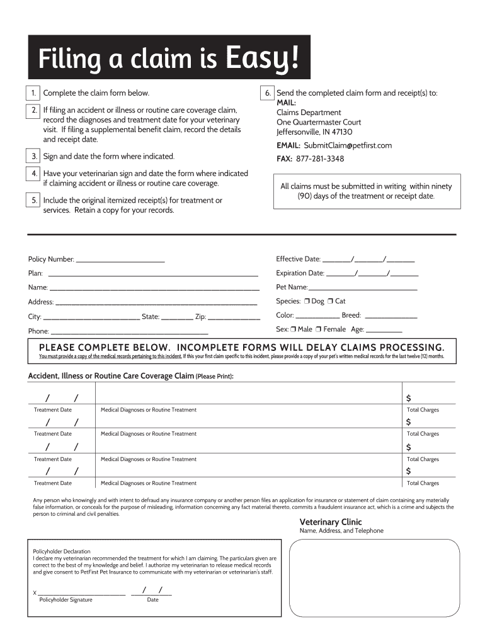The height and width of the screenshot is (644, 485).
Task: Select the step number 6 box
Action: [x=268, y=93]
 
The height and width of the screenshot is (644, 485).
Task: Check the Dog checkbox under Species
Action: [x=307, y=301]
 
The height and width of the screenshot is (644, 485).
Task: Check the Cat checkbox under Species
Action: [x=331, y=301]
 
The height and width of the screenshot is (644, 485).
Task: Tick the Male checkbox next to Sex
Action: [x=294, y=330]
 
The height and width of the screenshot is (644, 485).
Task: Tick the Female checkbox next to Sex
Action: [x=319, y=330]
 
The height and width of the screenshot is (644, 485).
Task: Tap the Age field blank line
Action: [x=384, y=330]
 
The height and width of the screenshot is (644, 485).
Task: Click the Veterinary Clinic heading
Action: [x=330, y=522]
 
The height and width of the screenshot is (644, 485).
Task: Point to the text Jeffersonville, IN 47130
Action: [x=314, y=132]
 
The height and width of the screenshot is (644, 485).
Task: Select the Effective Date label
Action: [x=298, y=259]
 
